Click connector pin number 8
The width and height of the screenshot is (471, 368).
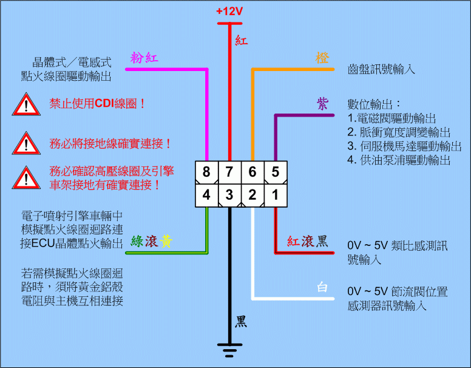[206, 172]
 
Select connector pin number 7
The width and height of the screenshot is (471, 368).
[229, 172]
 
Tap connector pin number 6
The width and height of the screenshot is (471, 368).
[252, 172]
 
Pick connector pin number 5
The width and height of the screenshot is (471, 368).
[275, 172]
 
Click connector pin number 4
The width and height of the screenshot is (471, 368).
[206, 195]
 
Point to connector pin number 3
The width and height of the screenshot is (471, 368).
[229, 195]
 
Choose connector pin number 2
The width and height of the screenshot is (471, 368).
[252, 195]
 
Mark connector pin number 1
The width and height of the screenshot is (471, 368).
[275, 195]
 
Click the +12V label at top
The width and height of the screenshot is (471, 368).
[229, 11]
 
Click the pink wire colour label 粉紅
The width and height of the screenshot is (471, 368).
[144, 58]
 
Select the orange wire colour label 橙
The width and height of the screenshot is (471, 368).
[322, 58]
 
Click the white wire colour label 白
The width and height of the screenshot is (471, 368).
[322, 287]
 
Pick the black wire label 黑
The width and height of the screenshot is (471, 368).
[241, 321]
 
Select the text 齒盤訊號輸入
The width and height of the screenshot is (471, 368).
[381, 70]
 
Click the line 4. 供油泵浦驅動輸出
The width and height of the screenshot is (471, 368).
[399, 160]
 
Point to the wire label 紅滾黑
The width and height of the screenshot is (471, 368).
[307, 242]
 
